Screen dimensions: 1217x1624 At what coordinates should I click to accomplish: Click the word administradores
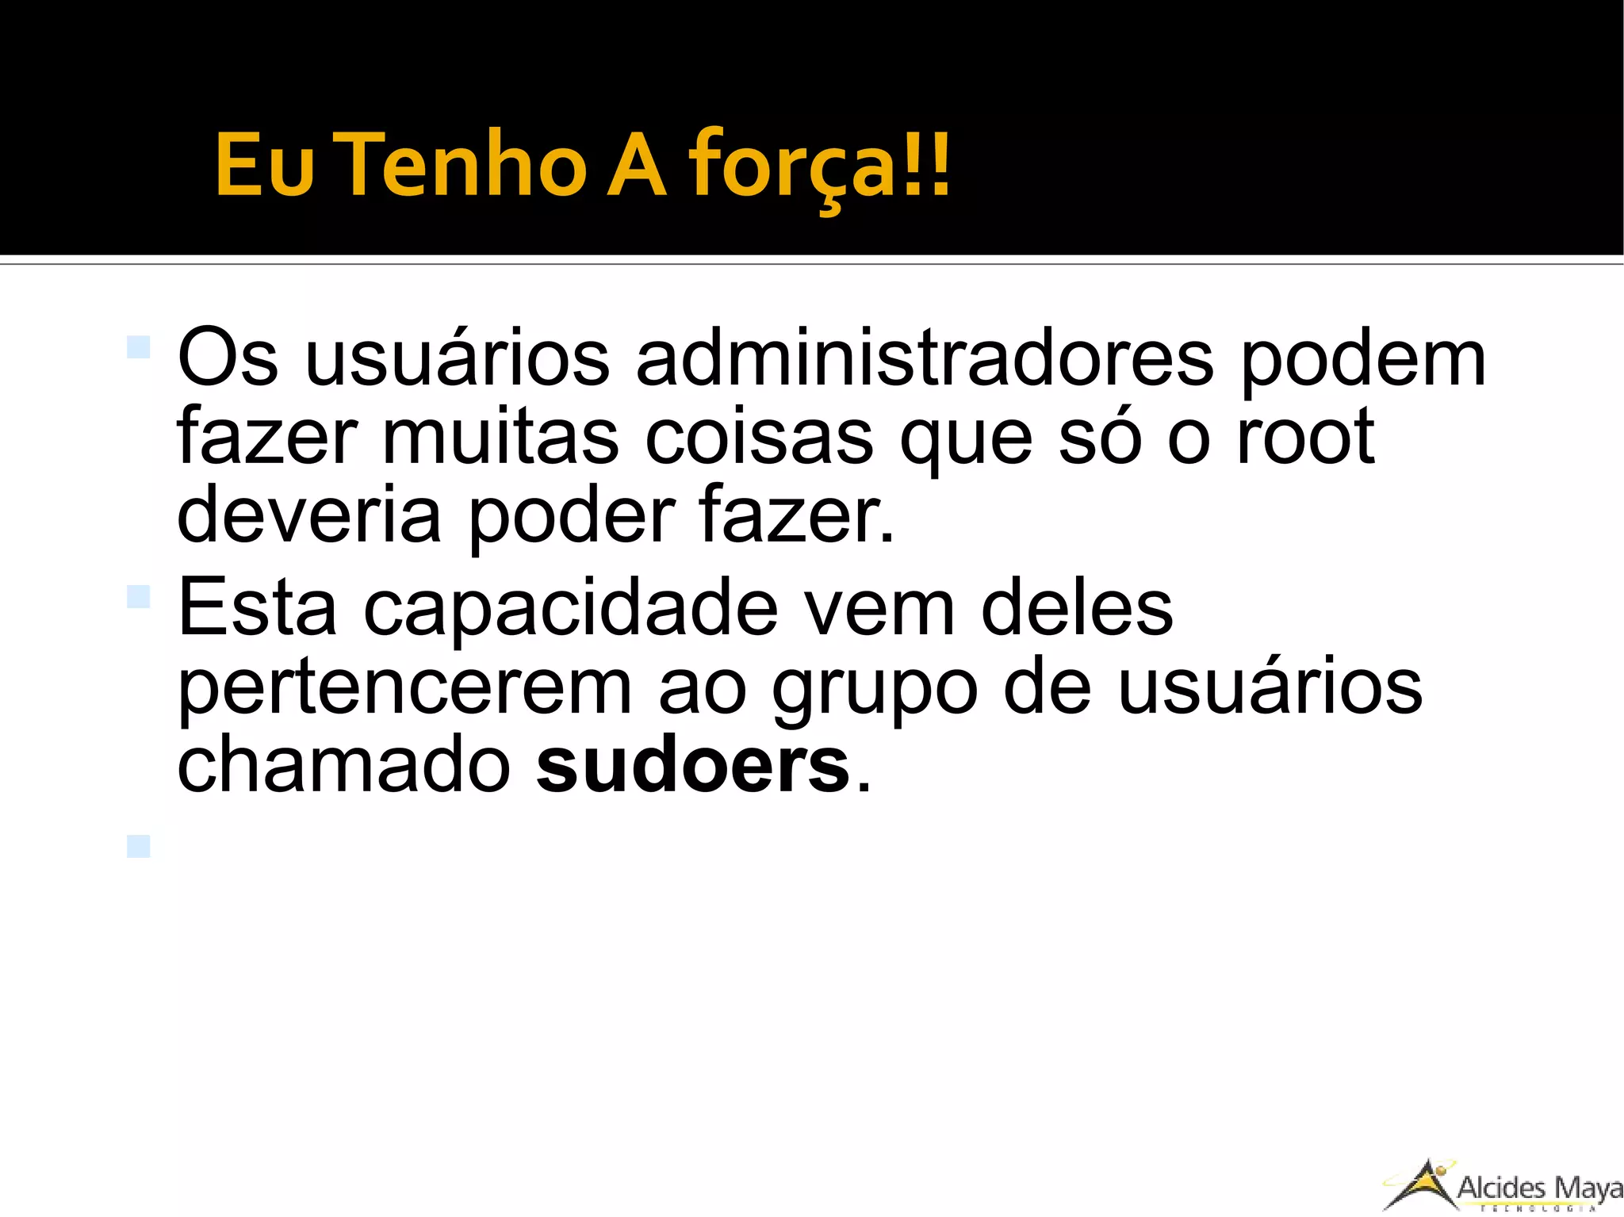click(924, 358)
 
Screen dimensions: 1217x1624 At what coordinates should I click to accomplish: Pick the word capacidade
click(570, 608)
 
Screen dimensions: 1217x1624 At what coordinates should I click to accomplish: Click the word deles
click(1076, 608)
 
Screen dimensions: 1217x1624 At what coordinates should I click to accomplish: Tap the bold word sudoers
click(692, 766)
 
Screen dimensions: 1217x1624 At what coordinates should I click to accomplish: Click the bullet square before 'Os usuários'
click(138, 347)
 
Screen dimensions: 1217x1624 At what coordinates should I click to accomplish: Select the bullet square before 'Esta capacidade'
click(138, 597)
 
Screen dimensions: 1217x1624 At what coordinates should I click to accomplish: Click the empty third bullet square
click(138, 846)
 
